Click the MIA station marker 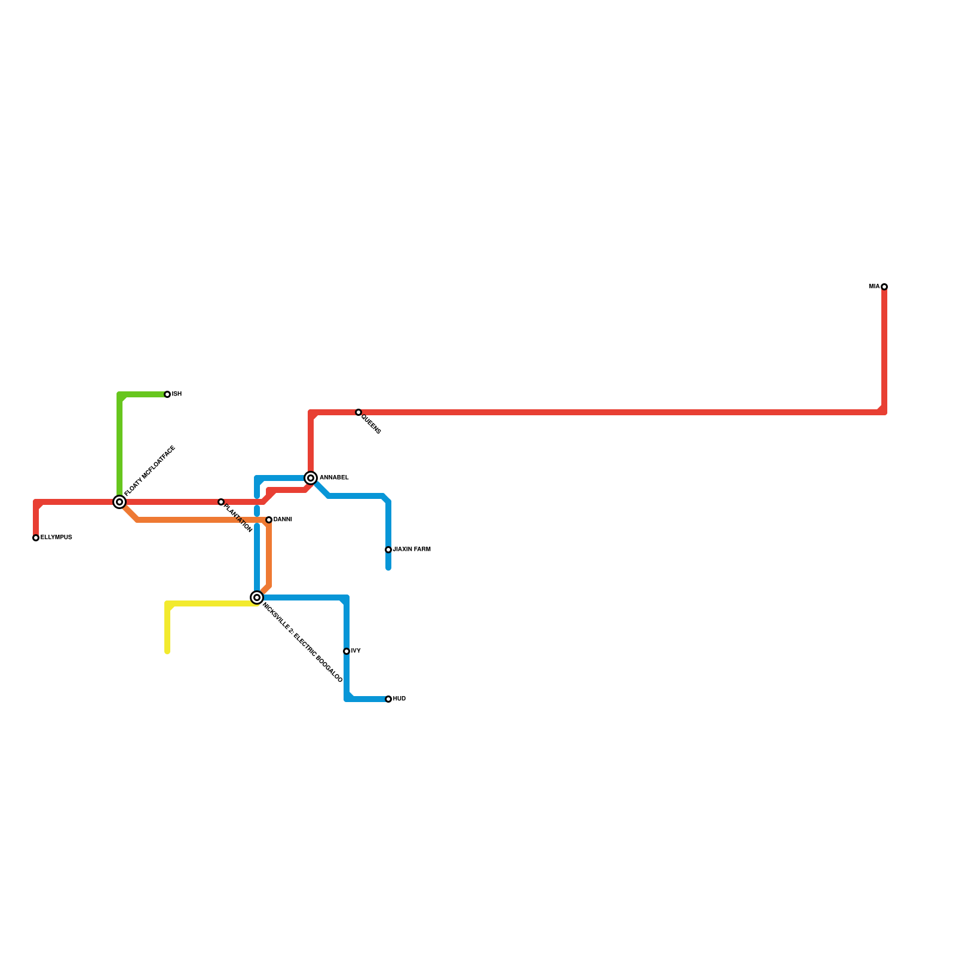pyautogui.click(x=884, y=287)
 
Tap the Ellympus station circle pyautogui.click(x=36, y=538)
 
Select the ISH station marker pyautogui.click(x=167, y=394)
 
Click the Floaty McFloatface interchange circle pyautogui.click(x=119, y=502)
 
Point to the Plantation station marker pyautogui.click(x=221, y=502)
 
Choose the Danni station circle pyautogui.click(x=269, y=520)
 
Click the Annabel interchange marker pyautogui.click(x=311, y=478)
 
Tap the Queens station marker pyautogui.click(x=358, y=412)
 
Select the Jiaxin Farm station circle pyautogui.click(x=388, y=550)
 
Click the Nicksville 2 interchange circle pyautogui.click(x=257, y=597)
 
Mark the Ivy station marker pyautogui.click(x=347, y=651)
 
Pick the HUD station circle pyautogui.click(x=388, y=699)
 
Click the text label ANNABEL pyautogui.click(x=334, y=478)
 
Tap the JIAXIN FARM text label pyautogui.click(x=412, y=550)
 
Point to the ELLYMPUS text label pyautogui.click(x=56, y=538)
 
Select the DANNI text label pyautogui.click(x=283, y=520)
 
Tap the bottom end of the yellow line pyautogui.click(x=167, y=651)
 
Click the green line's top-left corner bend pyautogui.click(x=120, y=395)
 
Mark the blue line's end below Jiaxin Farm pyautogui.click(x=388, y=568)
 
